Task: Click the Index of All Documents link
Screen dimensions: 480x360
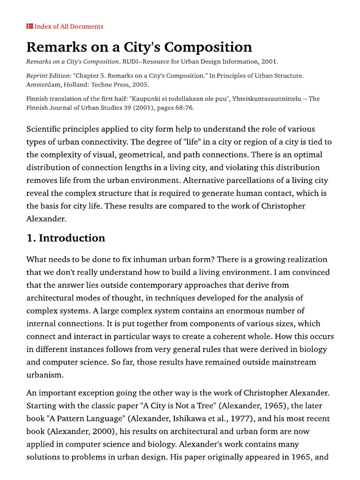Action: pos(68,26)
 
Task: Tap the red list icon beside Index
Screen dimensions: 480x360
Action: pos(30,26)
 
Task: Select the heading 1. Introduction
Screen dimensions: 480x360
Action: pos(66,238)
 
